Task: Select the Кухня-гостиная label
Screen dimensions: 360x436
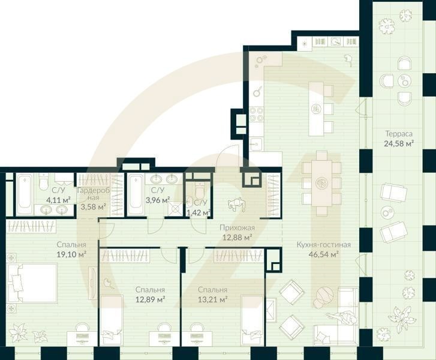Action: click(x=323, y=245)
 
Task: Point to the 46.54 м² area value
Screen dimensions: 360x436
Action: click(x=323, y=254)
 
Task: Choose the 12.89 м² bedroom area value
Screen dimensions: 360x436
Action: click(x=149, y=298)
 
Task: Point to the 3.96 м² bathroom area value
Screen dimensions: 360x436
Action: click(x=157, y=200)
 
